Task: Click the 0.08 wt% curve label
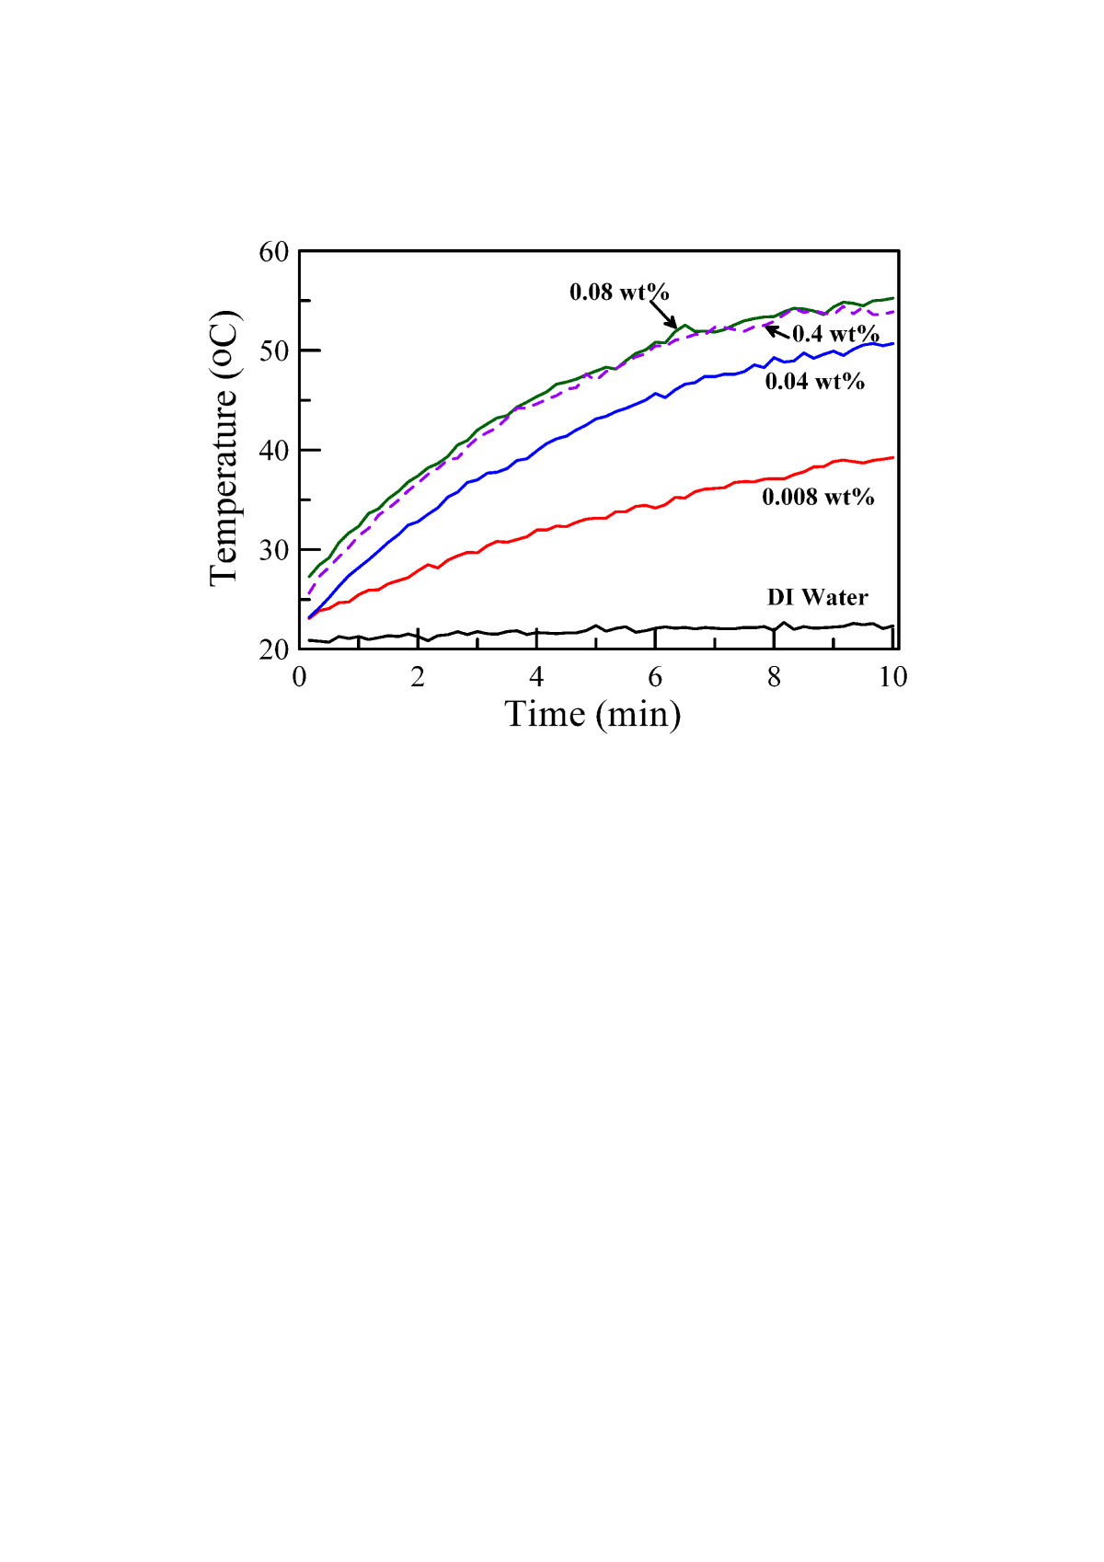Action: [619, 293]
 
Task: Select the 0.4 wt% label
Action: [835, 334]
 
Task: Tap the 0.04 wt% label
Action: [814, 381]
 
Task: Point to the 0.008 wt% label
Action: [818, 497]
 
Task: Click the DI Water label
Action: [817, 598]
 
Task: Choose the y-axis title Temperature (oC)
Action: [224, 448]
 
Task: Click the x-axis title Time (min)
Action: [592, 714]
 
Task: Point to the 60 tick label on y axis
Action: [274, 252]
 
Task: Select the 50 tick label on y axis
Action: [274, 351]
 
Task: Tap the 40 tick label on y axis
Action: [274, 451]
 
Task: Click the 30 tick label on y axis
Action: [274, 550]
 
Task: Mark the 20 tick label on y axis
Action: [274, 649]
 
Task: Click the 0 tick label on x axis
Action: [299, 678]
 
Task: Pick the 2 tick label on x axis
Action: [418, 678]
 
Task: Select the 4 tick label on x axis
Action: [536, 678]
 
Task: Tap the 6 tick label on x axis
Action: [655, 678]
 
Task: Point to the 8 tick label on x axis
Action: [774, 678]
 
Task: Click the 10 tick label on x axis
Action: [892, 678]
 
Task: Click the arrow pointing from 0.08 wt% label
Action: [663, 314]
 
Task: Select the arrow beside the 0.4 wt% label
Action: [776, 331]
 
